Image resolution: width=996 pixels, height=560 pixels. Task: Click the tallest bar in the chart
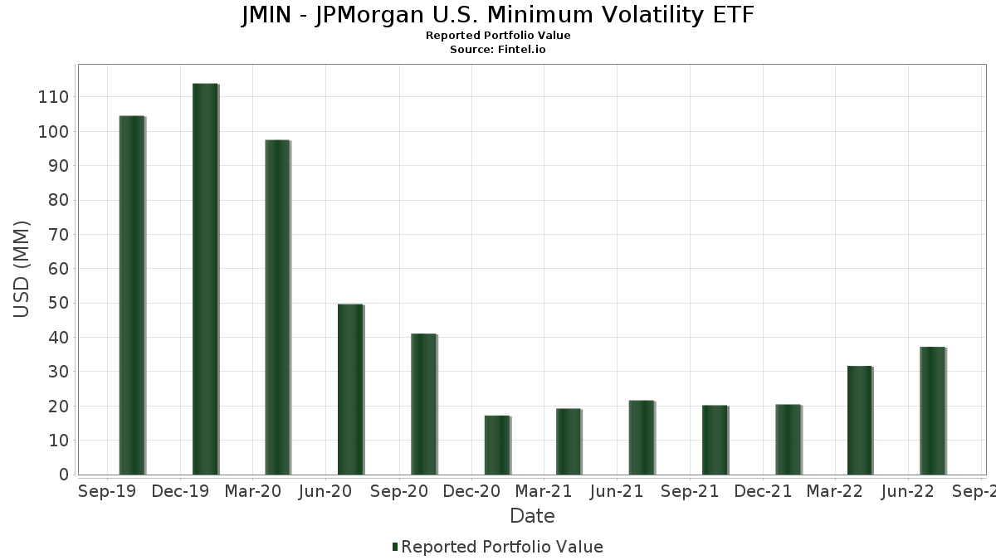[204, 279]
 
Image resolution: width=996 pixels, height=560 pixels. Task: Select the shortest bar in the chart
[496, 445]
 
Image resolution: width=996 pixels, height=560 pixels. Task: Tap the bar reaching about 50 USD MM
[350, 389]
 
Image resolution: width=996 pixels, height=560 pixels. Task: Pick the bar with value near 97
[277, 307]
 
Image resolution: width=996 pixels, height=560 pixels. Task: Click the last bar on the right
[932, 411]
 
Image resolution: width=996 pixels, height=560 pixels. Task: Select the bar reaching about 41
[423, 404]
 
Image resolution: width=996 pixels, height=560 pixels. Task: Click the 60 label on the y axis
[57, 269]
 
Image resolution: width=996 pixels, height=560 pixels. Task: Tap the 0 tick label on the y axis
[63, 475]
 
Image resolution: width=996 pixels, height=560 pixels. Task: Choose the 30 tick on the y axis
[57, 372]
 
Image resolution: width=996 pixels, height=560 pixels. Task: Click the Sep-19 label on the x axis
[107, 491]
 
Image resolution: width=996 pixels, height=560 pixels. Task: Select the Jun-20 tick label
[325, 491]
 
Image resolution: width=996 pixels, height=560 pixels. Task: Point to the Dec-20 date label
[471, 491]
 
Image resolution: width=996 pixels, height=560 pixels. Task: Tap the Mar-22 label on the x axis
[835, 491]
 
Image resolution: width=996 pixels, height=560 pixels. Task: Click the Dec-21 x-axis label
[763, 491]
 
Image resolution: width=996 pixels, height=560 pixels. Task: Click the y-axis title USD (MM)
[22, 269]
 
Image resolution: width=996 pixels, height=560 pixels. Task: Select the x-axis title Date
[532, 516]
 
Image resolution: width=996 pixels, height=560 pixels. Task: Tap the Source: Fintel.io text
[498, 49]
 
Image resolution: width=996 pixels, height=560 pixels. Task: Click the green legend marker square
[395, 547]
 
